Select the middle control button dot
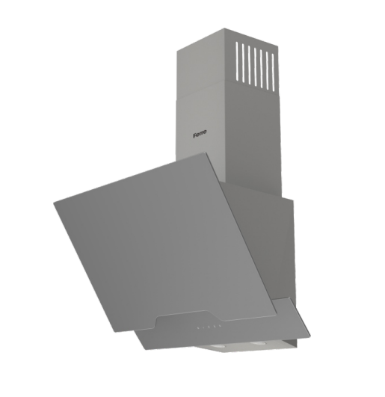[209, 327]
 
